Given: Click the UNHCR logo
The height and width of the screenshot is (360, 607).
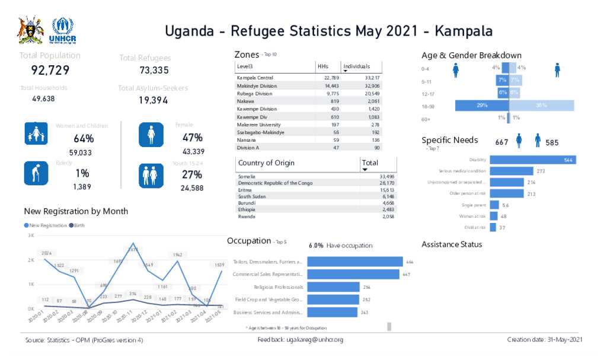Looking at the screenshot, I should (x=63, y=31).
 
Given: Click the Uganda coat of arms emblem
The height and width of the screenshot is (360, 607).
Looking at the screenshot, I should (x=30, y=31).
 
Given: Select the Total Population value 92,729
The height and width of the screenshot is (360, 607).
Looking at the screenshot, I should (x=50, y=71).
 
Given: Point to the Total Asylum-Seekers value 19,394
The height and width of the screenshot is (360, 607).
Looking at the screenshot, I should (x=154, y=100).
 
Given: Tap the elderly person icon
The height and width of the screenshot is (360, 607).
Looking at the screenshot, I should (x=36, y=173).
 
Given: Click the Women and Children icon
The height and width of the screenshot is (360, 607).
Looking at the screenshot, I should (x=36, y=134).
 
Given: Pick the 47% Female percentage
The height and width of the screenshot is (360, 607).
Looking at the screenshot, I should (x=192, y=138).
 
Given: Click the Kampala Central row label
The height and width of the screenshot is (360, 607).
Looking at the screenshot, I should (x=255, y=78).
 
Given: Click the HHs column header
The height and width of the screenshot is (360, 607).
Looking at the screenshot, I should (x=323, y=66).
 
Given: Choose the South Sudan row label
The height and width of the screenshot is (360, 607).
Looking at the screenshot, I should (x=252, y=196).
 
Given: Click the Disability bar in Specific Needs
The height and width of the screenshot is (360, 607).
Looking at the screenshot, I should (x=532, y=160).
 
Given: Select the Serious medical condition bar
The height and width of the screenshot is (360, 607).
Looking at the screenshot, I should (x=511, y=171).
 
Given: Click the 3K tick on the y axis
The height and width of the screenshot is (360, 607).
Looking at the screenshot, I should (x=31, y=235).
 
